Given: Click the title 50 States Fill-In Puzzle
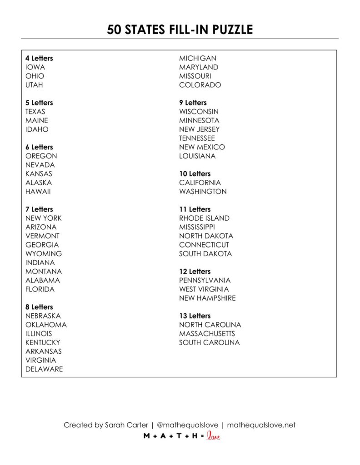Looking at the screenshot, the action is [x=180, y=30].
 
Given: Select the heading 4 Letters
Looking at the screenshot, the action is [x=39, y=58].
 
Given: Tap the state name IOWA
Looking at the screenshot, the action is [x=35, y=67].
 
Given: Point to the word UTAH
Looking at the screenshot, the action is [x=35, y=85].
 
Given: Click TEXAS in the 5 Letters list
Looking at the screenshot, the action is [x=35, y=112].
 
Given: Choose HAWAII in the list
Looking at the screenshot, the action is [x=38, y=192].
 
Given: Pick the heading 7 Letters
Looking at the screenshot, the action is [x=39, y=209].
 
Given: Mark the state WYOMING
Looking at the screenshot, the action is [x=44, y=254].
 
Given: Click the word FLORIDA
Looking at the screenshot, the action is [x=40, y=289].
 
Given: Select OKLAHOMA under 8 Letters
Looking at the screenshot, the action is [x=46, y=325].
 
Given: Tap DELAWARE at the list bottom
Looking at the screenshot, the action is [x=44, y=369].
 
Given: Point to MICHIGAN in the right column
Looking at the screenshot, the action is [x=198, y=58].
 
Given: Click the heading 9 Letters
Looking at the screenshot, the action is [x=193, y=103].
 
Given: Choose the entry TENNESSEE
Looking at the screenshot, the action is [x=197, y=138].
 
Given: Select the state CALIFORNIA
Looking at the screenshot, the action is [x=200, y=183].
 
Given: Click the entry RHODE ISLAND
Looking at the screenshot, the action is [x=204, y=218].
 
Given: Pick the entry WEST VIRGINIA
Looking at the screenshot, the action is [x=204, y=289].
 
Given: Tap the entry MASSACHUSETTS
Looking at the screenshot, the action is [x=207, y=334].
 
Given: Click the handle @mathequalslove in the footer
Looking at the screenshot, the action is [x=187, y=425].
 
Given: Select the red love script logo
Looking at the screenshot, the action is [x=214, y=436].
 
